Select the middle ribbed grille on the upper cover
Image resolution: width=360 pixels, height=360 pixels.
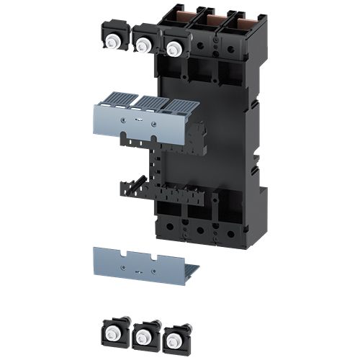(x=152, y=102)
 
